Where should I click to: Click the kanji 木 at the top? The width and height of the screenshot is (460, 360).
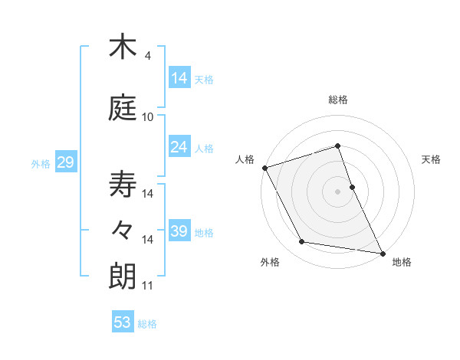(122, 47)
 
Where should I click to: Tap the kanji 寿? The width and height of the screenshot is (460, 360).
(122, 185)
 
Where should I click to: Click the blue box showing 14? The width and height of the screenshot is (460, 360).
(179, 78)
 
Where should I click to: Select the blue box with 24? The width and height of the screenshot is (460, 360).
(179, 147)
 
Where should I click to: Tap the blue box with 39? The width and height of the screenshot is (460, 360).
(179, 231)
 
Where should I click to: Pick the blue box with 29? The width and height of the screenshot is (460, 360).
(65, 162)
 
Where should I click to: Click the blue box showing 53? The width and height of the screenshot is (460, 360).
(123, 322)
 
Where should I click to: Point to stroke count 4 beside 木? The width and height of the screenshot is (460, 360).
(148, 56)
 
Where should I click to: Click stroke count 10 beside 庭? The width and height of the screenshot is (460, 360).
(148, 117)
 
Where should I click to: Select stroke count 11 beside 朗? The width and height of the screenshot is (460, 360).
(148, 286)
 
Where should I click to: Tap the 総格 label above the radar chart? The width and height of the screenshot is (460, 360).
(338, 100)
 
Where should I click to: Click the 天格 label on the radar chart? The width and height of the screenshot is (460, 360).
(432, 159)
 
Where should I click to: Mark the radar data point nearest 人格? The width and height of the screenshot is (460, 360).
(264, 167)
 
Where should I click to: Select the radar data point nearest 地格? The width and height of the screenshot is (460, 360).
(382, 252)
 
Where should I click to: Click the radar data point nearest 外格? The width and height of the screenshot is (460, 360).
(302, 242)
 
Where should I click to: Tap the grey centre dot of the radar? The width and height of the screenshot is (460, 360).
(338, 191)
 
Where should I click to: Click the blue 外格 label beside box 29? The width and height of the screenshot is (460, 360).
(40, 163)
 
